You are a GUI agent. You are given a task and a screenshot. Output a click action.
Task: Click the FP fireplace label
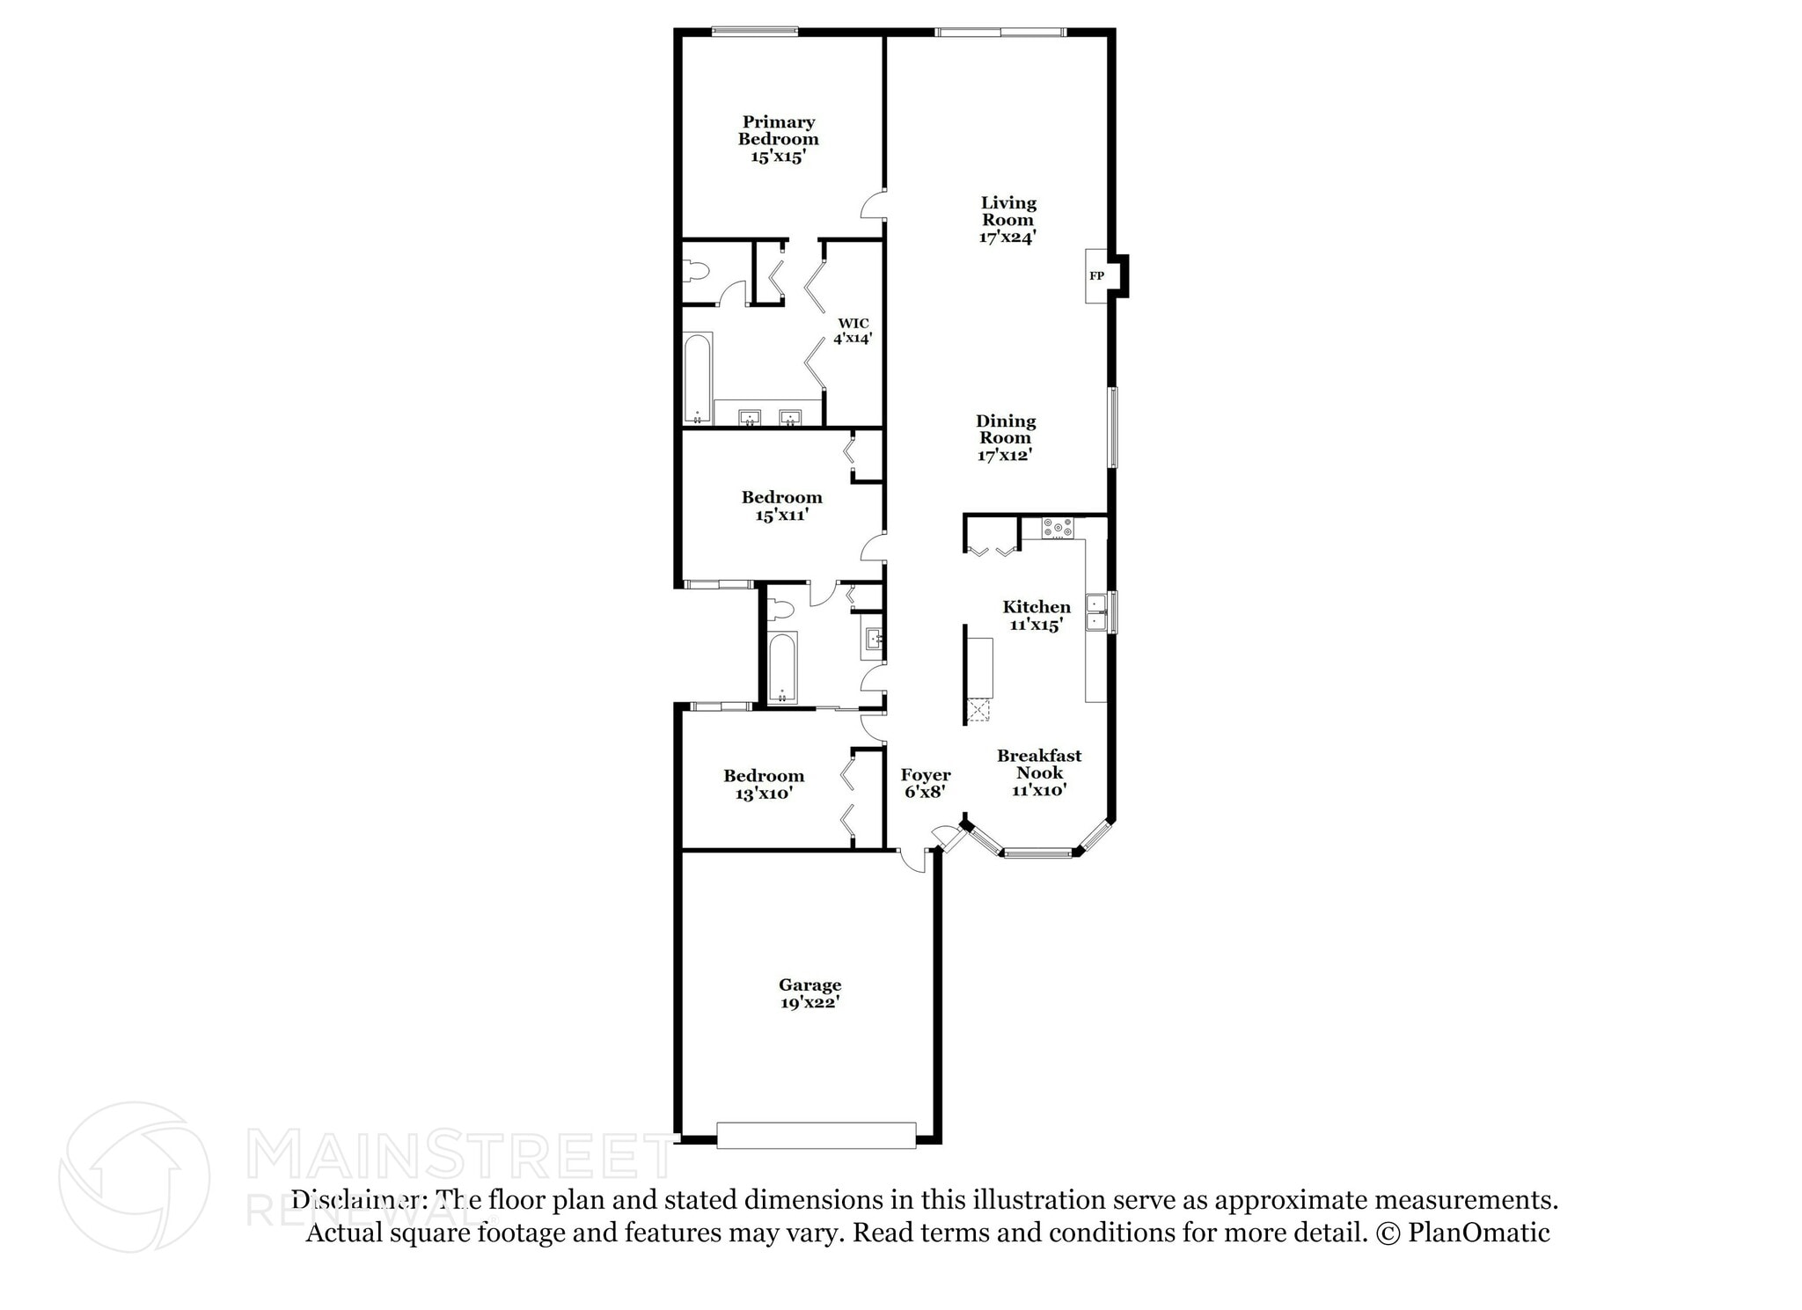1096,276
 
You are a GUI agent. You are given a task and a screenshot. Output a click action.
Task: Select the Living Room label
1008,211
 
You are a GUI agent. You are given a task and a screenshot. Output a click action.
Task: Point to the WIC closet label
853,323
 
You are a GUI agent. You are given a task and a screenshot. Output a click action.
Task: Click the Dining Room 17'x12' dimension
1004,455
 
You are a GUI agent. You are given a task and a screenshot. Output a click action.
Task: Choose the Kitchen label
1037,606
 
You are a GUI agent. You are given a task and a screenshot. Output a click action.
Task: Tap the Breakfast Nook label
1039,764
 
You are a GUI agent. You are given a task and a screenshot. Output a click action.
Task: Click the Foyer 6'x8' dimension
925,791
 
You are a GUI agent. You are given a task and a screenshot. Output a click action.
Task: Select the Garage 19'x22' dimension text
809,1002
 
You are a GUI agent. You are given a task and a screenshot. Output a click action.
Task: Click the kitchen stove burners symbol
1058,528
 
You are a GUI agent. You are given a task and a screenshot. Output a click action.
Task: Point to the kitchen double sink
1096,612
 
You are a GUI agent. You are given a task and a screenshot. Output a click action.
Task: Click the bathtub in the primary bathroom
699,378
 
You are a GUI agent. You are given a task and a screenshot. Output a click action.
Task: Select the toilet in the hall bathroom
780,609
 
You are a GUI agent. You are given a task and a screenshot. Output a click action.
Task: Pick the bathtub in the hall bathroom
781,666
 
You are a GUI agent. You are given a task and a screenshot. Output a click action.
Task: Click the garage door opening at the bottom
816,1134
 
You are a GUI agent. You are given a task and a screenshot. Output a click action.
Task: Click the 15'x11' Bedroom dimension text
781,515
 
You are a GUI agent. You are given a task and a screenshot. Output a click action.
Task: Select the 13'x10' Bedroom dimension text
764,793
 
